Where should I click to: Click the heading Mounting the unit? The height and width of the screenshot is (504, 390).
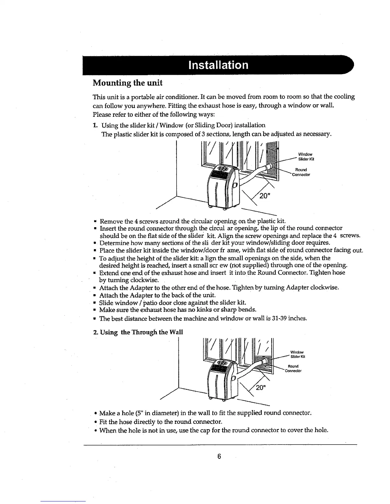(x=127, y=83)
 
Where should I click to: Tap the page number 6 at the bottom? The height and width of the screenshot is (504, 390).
(x=219, y=456)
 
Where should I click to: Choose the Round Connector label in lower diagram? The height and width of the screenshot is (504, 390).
(x=294, y=368)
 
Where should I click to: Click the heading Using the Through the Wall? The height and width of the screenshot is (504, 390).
(x=138, y=332)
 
